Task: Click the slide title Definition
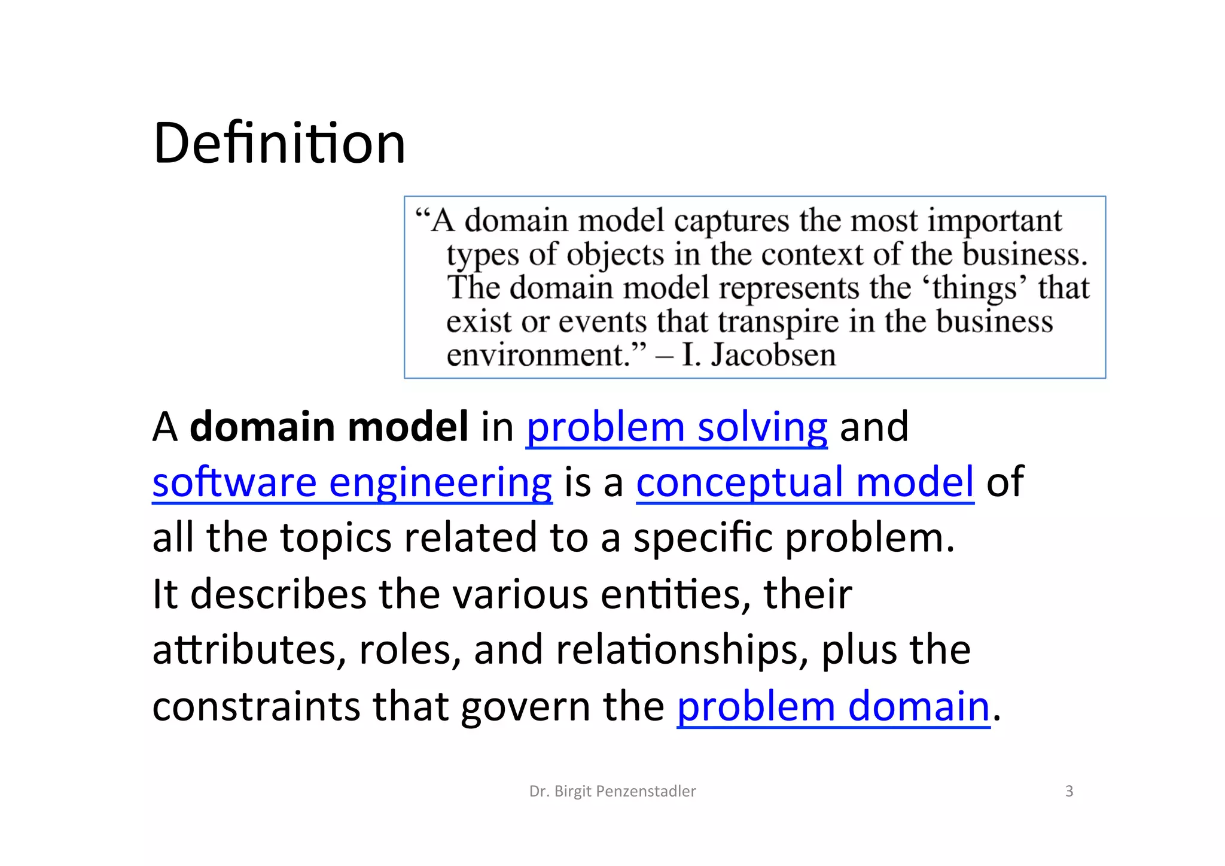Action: pos(279,144)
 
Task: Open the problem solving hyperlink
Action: pos(677,427)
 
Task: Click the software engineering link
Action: pos(352,482)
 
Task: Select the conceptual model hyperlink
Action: pos(805,482)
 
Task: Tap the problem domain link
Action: pos(833,706)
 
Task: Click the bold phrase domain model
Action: pos(329,427)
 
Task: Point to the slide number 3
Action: pos(1069,791)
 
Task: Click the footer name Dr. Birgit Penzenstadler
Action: pos(612,791)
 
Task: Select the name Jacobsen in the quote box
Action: pos(773,355)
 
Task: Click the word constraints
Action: pos(256,706)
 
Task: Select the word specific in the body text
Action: pos(703,538)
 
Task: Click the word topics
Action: pos(336,538)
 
